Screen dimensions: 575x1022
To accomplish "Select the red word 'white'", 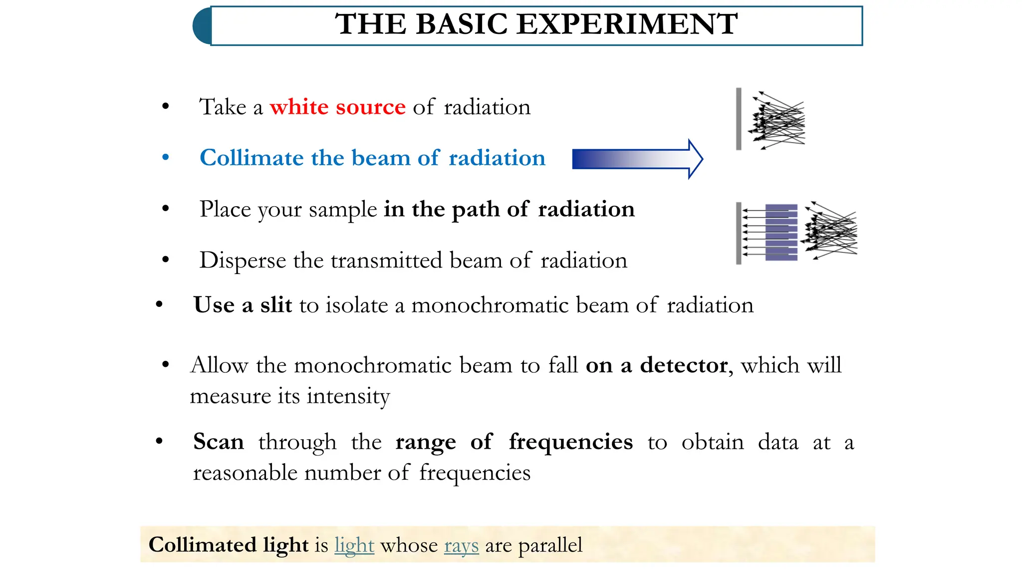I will pyautogui.click(x=299, y=107).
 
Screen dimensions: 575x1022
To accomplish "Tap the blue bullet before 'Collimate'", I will pyautogui.click(x=166, y=158).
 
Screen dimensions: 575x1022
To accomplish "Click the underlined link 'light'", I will pyautogui.click(x=354, y=545).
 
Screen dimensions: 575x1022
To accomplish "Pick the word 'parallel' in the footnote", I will pyautogui.click(x=550, y=545).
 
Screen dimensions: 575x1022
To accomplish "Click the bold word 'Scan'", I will pyautogui.click(x=219, y=442).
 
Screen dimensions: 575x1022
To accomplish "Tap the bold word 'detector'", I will pyautogui.click(x=684, y=365).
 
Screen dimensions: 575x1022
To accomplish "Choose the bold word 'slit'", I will pyautogui.click(x=276, y=305).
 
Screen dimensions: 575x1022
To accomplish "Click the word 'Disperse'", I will pyautogui.click(x=243, y=261).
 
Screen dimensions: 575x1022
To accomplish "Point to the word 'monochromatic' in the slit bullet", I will pyautogui.click(x=490, y=305).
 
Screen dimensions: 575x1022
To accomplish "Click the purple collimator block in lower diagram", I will pyautogui.click(x=781, y=232).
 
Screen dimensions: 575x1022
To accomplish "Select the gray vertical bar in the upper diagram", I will pyautogui.click(x=739, y=119).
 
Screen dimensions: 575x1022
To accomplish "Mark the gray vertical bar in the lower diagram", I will pyautogui.click(x=739, y=233).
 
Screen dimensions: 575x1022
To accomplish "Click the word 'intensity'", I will pyautogui.click(x=348, y=396).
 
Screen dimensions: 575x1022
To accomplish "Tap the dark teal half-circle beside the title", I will pyautogui.click(x=202, y=26).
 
